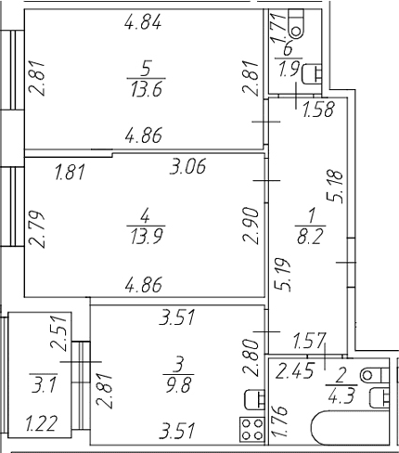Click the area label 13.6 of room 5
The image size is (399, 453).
click(x=147, y=90)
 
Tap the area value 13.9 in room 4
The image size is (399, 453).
click(x=147, y=238)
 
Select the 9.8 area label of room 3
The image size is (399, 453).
click(x=179, y=385)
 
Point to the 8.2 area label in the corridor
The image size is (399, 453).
click(x=310, y=238)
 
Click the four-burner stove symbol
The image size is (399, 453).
click(x=252, y=429)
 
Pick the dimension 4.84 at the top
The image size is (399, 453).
click(x=143, y=22)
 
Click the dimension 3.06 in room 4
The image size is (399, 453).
click(x=187, y=167)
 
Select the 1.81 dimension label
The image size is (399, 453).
click(x=70, y=173)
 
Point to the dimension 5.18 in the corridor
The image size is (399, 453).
click(x=336, y=187)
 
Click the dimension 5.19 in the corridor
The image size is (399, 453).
click(x=283, y=275)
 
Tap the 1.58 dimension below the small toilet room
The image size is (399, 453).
click(x=319, y=110)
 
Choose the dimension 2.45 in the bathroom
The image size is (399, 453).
click(x=294, y=370)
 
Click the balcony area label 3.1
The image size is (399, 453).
click(x=44, y=386)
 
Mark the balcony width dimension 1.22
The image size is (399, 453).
click(x=42, y=424)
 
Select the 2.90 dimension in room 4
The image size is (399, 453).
click(x=251, y=226)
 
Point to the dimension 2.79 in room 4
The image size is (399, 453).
click(x=37, y=229)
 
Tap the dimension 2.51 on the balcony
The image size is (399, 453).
click(x=58, y=332)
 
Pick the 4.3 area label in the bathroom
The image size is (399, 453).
click(x=341, y=397)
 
